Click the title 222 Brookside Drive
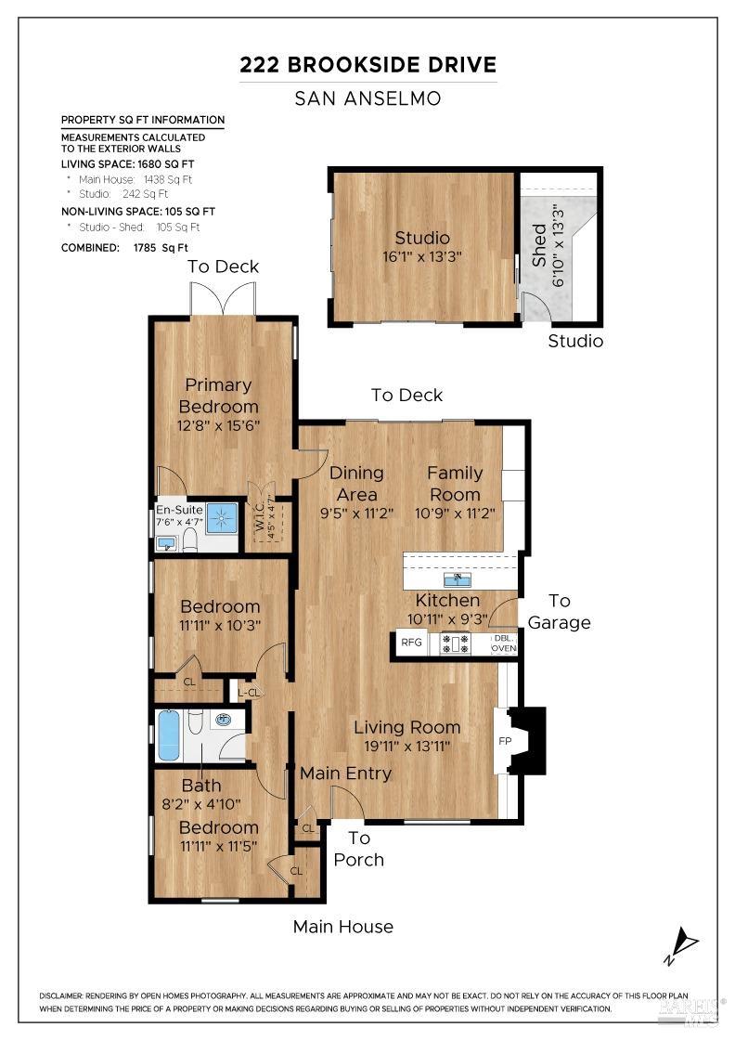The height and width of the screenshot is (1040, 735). click(x=367, y=65)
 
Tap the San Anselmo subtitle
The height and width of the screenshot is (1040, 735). click(x=367, y=97)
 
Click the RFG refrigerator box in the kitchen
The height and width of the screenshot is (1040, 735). click(x=409, y=643)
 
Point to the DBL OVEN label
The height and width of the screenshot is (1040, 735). click(x=503, y=643)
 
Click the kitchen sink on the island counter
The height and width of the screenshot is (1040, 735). click(x=457, y=580)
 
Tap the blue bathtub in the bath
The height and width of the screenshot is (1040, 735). click(x=168, y=735)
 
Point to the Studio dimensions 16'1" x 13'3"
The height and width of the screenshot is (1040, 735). click(x=422, y=256)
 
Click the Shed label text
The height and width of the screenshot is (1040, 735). click(x=539, y=245)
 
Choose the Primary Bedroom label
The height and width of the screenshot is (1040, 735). click(x=218, y=396)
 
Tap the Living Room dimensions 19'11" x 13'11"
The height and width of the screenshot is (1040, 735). click(x=406, y=746)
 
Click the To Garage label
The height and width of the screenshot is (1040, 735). click(x=559, y=612)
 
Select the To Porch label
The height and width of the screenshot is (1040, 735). click(x=358, y=849)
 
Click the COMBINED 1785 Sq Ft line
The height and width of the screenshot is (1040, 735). click(x=124, y=248)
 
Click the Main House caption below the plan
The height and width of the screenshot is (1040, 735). click(x=342, y=927)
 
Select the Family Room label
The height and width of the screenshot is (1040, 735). click(x=454, y=484)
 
